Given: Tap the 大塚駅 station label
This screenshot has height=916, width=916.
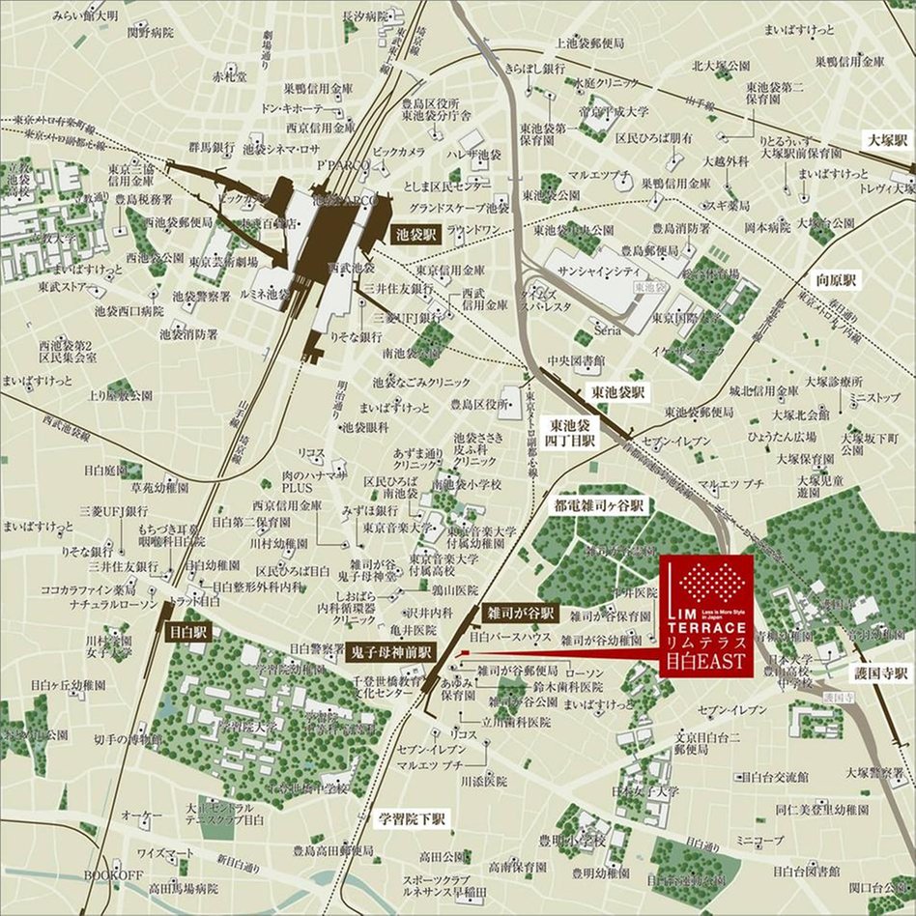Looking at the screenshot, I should [887, 140].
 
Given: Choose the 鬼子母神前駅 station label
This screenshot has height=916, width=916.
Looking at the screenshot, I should [390, 652].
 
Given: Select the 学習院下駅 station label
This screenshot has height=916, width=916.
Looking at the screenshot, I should [410, 819].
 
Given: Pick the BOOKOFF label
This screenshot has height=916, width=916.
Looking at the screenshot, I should [113, 874].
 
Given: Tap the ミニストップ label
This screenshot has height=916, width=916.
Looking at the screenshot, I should [873, 397].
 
